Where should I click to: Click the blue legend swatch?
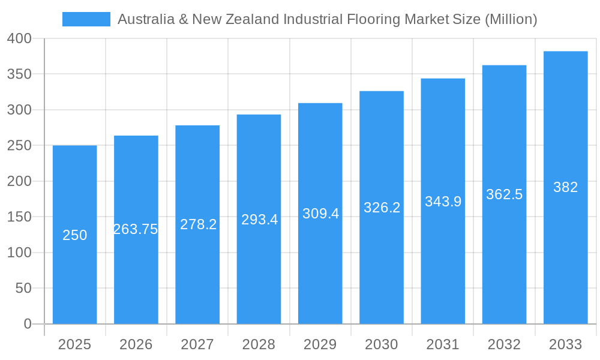pyautogui.click(x=86, y=19)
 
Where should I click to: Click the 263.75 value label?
pyautogui.click(x=136, y=229)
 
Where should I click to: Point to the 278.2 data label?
pyautogui.click(x=198, y=224)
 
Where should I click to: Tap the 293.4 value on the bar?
pyautogui.click(x=259, y=220)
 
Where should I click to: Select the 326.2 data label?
pyautogui.click(x=382, y=208)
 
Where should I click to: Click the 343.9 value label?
pyautogui.click(x=443, y=202)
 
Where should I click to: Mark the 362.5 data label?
pyautogui.click(x=504, y=194)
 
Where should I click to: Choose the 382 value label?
pyautogui.click(x=565, y=187)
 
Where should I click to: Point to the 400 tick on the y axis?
pyautogui.click(x=19, y=38)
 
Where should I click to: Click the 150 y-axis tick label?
pyautogui.click(x=19, y=217)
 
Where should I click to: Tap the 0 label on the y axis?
pyautogui.click(x=28, y=324)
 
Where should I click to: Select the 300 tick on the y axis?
pyautogui.click(x=19, y=110)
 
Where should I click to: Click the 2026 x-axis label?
pyautogui.click(x=136, y=344)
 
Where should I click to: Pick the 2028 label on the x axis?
pyautogui.click(x=259, y=344)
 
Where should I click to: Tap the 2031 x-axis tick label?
pyautogui.click(x=443, y=344)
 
